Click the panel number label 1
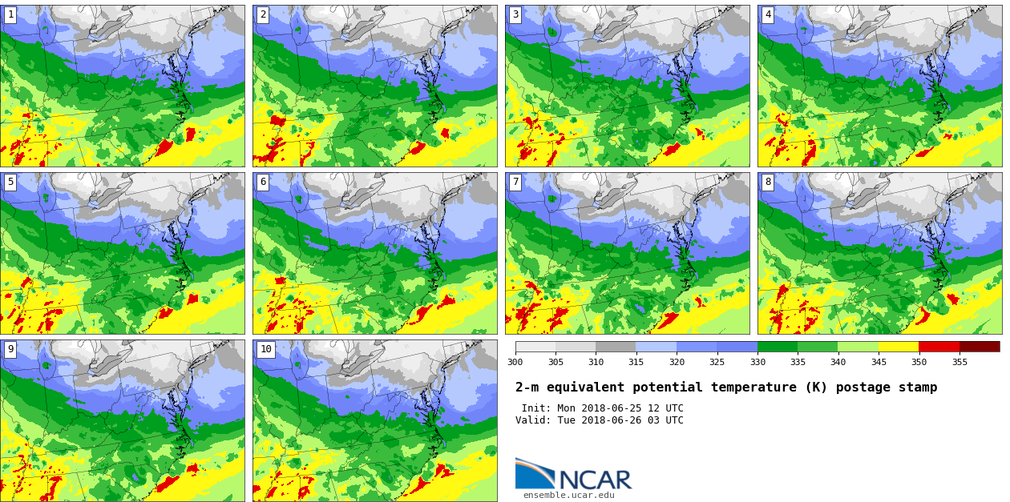[x=10, y=14]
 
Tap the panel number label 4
[x=767, y=14]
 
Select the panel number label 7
[x=515, y=182]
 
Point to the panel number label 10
[x=265, y=349]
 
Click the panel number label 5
[x=10, y=182]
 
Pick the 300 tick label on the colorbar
[x=515, y=362]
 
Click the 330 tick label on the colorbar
[x=757, y=362]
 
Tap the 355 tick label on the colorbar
[x=959, y=362]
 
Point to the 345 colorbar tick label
[x=878, y=362]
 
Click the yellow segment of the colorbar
[x=898, y=347]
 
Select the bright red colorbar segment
[x=939, y=347]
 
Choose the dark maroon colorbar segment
[x=980, y=347]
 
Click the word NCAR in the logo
[x=595, y=480]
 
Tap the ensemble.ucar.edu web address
[x=568, y=496]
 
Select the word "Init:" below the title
[x=537, y=408]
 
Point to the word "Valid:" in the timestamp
[x=533, y=420]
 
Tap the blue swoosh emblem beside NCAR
[x=533, y=474]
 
